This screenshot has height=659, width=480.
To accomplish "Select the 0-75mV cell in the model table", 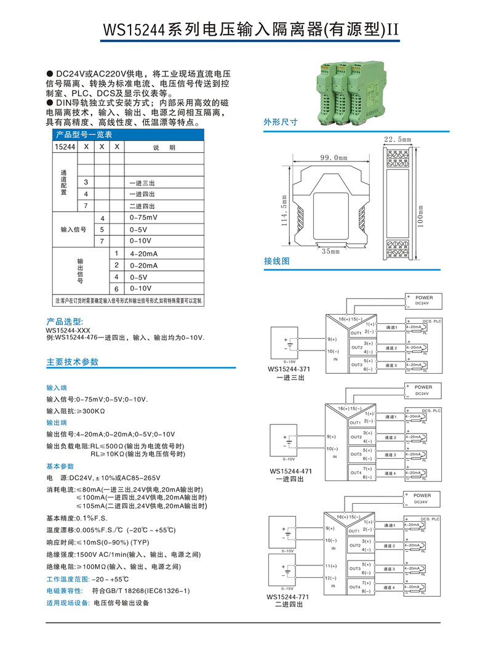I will [x=143, y=218].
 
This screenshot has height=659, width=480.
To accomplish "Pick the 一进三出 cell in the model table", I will [x=142, y=183].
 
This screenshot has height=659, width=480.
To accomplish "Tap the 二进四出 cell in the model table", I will [x=142, y=206].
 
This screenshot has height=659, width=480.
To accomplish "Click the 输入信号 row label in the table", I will [x=73, y=229].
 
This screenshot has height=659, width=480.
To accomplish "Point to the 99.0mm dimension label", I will [x=334, y=158].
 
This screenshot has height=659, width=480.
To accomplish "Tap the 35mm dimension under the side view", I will [x=330, y=251].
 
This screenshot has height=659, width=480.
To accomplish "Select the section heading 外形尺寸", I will [x=281, y=122].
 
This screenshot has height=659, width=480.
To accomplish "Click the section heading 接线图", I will [x=276, y=261].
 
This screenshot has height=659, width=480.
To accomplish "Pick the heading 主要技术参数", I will [x=73, y=362].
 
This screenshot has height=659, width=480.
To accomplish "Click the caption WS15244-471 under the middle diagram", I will [x=289, y=471].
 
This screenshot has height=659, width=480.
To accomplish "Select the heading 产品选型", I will [x=65, y=321].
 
